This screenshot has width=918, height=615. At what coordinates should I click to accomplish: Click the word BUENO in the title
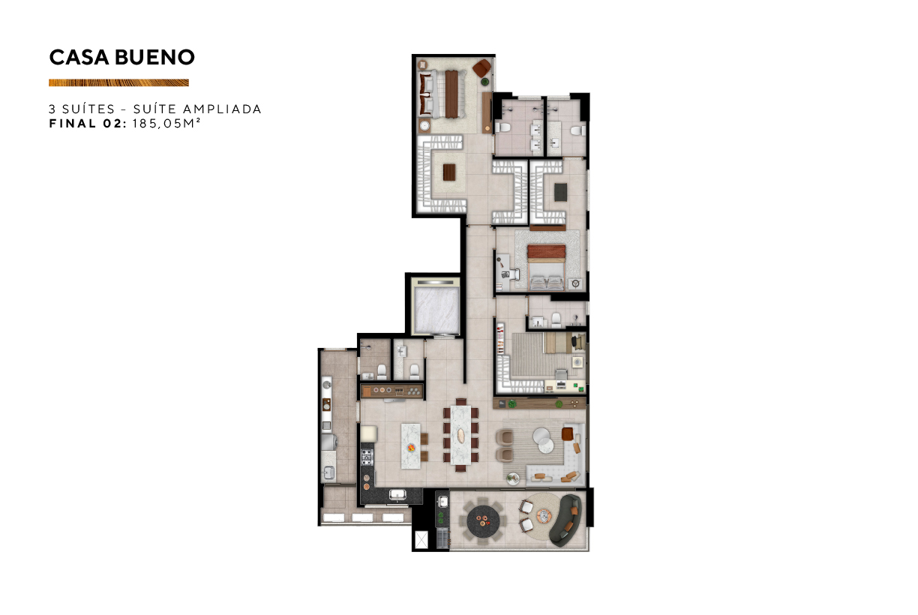[154, 57]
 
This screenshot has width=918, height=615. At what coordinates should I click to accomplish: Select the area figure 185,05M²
[166, 123]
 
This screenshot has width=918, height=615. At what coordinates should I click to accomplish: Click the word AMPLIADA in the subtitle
[222, 109]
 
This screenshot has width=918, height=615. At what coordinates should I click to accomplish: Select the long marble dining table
[460, 435]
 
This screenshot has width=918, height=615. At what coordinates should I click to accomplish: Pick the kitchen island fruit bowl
[410, 448]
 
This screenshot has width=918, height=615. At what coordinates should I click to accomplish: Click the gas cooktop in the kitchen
[367, 457]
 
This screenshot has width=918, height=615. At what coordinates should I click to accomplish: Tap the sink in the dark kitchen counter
[397, 495]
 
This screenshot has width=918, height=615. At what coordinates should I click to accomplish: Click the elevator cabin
[436, 310]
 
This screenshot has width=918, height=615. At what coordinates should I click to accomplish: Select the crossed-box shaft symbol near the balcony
[421, 539]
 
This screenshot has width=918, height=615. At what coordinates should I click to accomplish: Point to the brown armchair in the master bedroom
[482, 67]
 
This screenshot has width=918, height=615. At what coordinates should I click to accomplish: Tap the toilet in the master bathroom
[502, 127]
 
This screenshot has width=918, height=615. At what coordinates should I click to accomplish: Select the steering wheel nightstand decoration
[576, 283]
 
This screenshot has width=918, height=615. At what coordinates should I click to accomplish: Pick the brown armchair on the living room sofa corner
[567, 433]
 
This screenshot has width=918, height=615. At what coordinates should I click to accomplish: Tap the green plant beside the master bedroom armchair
[486, 82]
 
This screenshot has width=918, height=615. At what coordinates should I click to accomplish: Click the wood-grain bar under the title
[118, 82]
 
